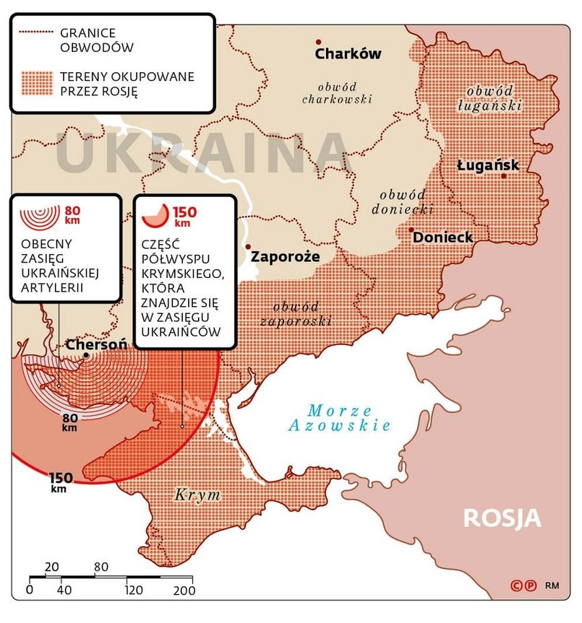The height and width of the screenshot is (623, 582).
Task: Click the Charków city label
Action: [x=348, y=55]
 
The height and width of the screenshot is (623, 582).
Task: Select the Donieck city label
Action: [x=443, y=238]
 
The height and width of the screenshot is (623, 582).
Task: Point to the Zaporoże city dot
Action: [x=248, y=247]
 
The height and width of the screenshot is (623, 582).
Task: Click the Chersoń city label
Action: [x=96, y=345]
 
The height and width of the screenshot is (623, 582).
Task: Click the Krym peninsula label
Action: [x=197, y=496]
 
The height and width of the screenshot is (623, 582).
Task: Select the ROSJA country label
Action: [x=502, y=518]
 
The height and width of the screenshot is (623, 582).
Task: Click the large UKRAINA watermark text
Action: [x=202, y=152]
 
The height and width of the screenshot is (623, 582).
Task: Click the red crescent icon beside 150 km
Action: [x=155, y=212]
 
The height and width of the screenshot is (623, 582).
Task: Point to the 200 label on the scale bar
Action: [x=184, y=591]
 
